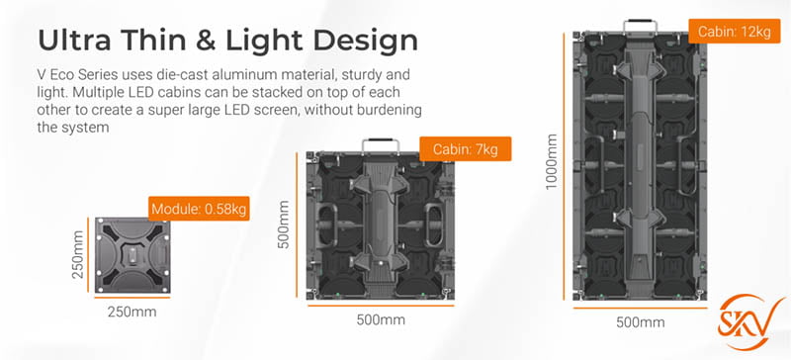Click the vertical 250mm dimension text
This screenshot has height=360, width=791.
[78, 255]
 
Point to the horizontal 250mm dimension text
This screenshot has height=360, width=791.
[132, 312]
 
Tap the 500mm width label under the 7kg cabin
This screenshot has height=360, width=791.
[380, 319]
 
